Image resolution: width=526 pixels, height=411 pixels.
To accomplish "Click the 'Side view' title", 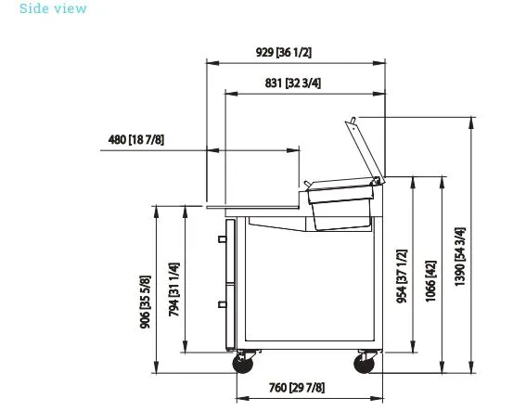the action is [53, 8].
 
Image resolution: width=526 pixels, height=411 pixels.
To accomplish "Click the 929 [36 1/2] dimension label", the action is [284, 52].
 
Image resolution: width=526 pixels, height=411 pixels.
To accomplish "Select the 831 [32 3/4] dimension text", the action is [292, 83].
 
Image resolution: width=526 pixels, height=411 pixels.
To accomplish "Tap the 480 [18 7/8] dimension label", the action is [136, 139].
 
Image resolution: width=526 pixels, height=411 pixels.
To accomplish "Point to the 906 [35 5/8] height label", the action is [146, 302].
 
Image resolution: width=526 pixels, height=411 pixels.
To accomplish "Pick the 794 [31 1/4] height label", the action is [173, 289].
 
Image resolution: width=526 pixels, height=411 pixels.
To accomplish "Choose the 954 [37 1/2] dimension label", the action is [402, 276].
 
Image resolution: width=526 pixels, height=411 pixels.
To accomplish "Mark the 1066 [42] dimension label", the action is [430, 281].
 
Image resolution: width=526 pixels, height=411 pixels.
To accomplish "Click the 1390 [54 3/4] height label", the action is [459, 257].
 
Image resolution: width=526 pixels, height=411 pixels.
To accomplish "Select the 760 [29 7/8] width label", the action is [297, 388].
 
